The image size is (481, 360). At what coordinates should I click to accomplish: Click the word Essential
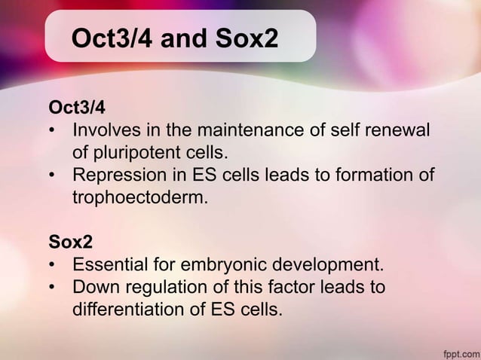coord(109,266)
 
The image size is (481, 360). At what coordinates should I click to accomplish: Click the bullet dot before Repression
coord(53,176)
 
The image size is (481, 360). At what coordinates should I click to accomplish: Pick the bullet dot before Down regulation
coord(53,288)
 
